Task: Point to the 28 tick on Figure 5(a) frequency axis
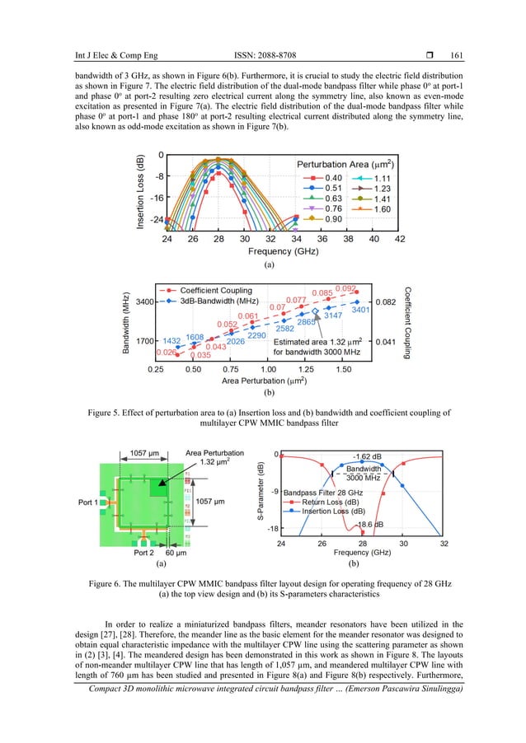[218, 239]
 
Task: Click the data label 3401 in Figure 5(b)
[359, 310]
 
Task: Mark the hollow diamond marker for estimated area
[315, 334]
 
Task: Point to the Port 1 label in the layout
[89, 502]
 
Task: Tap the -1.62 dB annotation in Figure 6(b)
[367, 456]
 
